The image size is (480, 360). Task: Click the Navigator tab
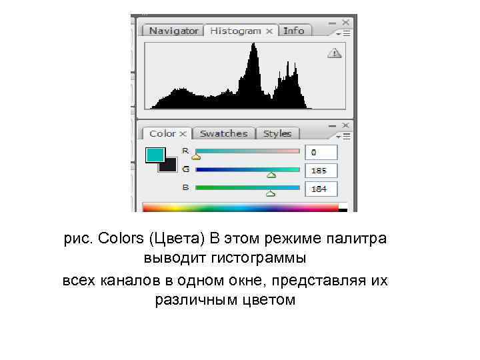[173, 31]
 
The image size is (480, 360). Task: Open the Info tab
[293, 31]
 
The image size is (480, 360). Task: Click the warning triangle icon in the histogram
[334, 53]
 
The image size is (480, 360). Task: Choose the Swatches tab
[223, 133]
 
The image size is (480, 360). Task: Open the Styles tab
[277, 133]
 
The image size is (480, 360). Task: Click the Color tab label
[163, 133]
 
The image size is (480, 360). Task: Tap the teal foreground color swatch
[155, 155]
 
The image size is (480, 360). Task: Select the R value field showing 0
[321, 152]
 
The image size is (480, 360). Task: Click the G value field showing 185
[321, 171]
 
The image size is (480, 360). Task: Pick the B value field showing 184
[321, 189]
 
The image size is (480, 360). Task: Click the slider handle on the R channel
[196, 157]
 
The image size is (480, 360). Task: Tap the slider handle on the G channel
[271, 176]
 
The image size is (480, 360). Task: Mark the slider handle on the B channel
[270, 194]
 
